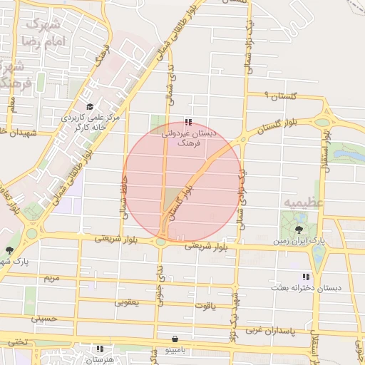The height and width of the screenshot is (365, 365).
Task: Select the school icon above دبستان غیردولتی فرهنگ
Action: tap(187, 123)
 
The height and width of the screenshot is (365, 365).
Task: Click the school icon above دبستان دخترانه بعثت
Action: tap(306, 277)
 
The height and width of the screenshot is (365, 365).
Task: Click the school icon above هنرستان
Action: tap(100, 349)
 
